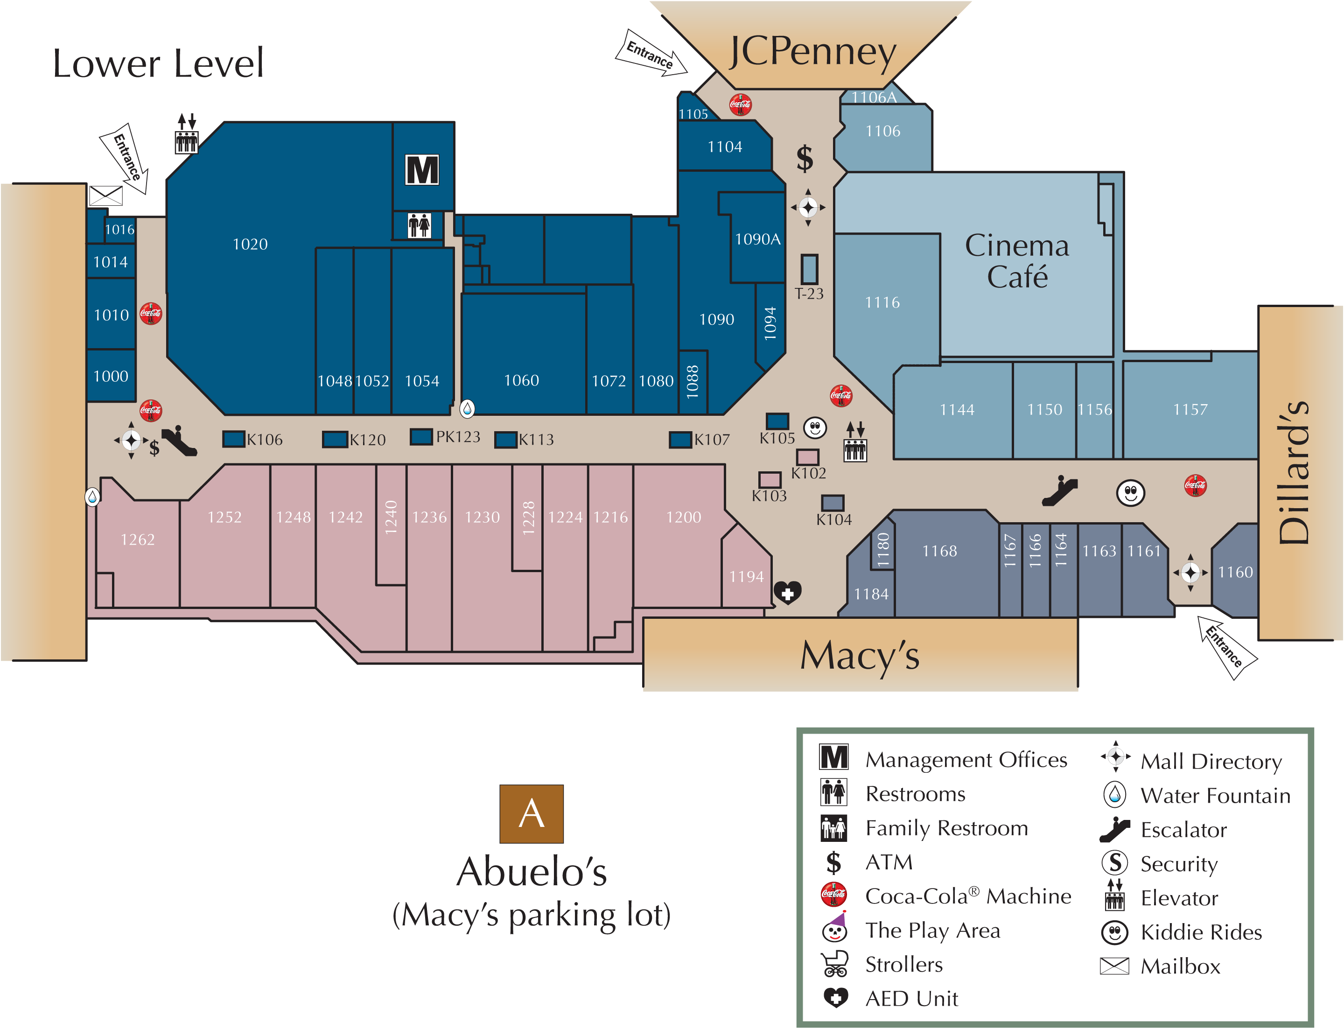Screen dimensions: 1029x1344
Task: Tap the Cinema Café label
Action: pos(1017,261)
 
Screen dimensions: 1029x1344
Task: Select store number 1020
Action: pos(250,245)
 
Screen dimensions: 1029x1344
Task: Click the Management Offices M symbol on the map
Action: pos(422,170)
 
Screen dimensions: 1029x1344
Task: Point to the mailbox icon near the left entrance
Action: pos(106,196)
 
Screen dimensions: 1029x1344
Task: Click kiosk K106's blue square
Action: pos(233,439)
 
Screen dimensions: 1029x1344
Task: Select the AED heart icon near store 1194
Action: pos(787,592)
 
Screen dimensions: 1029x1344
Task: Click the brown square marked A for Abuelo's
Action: pos(531,813)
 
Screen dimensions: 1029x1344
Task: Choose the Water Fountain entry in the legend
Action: pos(1215,796)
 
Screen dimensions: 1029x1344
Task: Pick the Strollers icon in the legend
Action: pos(834,964)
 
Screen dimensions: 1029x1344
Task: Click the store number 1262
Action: pos(137,539)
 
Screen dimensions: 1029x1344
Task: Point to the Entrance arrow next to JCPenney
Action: pos(651,55)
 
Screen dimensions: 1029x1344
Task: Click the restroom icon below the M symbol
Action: pos(420,225)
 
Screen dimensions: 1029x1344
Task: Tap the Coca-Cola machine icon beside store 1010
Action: pos(151,314)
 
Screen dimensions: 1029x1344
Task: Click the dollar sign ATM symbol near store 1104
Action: pos(805,159)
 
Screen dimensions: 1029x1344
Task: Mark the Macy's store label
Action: pos(860,655)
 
